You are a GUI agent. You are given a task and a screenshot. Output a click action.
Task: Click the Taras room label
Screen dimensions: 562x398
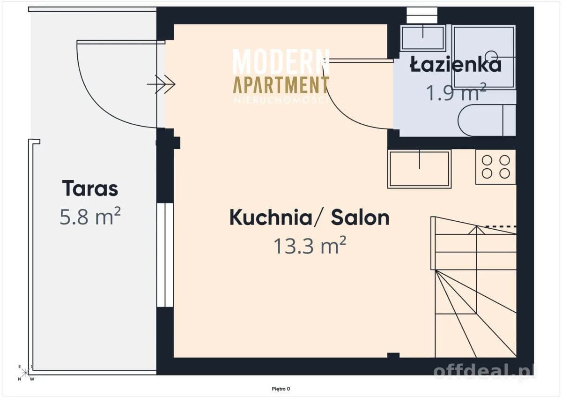[90, 188]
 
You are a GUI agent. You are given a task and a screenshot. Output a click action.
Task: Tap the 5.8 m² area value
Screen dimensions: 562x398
[90, 216]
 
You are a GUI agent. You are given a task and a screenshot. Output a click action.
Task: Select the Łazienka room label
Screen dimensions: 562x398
[456, 64]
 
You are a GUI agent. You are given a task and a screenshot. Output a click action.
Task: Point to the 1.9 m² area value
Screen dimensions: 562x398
[456, 92]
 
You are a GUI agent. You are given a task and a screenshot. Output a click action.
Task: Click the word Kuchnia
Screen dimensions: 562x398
[271, 217]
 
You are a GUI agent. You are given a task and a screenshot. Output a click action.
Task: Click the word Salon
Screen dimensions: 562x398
[360, 217]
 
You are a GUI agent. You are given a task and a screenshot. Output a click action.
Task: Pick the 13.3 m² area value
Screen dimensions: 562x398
[310, 245]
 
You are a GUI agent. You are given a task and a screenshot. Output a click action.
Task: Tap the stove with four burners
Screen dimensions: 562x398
[496, 167]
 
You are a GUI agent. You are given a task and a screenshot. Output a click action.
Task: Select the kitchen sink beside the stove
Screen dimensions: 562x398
[420, 169]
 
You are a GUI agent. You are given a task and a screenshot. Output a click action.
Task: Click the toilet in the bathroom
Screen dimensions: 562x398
[487, 120]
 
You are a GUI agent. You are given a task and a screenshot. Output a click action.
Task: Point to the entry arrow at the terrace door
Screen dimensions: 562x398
[161, 84]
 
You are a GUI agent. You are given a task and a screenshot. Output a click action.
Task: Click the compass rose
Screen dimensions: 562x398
[26, 373]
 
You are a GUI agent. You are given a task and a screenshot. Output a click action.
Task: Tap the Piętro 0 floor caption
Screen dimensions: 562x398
[281, 389]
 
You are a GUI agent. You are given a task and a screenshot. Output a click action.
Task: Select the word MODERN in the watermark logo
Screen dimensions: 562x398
[281, 61]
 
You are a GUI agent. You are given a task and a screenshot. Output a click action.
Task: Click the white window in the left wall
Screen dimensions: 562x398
[165, 255]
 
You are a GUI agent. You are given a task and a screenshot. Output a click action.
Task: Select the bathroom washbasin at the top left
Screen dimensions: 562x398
[423, 38]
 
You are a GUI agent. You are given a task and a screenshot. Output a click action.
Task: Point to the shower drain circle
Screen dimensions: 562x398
[491, 54]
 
